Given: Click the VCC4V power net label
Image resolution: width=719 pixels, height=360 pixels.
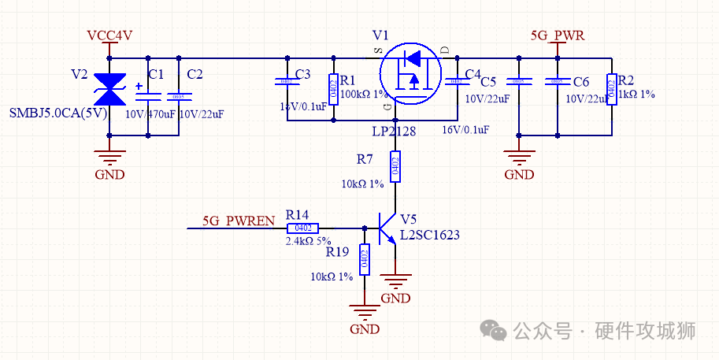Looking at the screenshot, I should coord(109,35).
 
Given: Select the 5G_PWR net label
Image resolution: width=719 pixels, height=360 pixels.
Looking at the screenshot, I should coord(558,35).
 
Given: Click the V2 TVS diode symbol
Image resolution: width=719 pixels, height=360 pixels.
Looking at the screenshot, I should coord(109,89).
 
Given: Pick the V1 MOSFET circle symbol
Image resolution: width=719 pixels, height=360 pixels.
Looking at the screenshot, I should coord(410,72).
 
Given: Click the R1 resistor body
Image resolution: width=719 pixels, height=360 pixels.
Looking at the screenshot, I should coord(333,89).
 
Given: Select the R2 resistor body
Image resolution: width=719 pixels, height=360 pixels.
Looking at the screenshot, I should coord(612,89).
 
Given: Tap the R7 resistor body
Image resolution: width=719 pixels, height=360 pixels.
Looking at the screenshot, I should coord(395,166).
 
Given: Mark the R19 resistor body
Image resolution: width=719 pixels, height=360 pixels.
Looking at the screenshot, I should coord(364,260).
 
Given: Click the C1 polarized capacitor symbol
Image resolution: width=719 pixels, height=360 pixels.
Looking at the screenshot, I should coord(147,95).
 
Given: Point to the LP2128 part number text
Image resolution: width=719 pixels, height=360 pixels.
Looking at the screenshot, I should coord(394,131).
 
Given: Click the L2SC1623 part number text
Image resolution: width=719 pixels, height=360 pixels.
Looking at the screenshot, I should coord(429,235).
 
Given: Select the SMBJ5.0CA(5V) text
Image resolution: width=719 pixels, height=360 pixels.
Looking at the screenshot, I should coord(57,113).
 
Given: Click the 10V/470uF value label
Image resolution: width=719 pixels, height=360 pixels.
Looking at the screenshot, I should coord(152,113).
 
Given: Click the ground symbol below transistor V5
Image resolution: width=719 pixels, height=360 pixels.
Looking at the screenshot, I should coord(395,281).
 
